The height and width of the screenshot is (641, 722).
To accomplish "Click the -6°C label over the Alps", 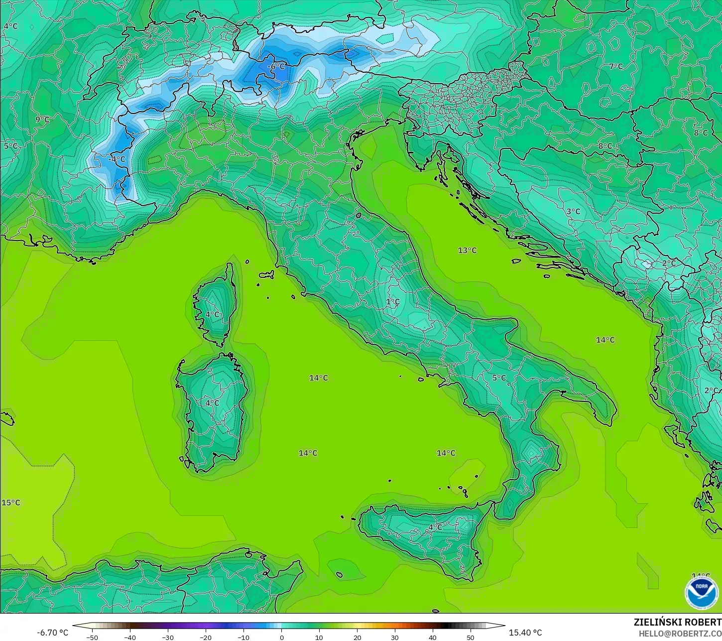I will [276, 66].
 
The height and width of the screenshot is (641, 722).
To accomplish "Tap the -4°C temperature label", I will [118, 159].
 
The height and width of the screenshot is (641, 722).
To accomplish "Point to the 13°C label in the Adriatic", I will [467, 250].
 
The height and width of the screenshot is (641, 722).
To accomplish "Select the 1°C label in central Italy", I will [393, 302].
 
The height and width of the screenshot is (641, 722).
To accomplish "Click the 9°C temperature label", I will [42, 120].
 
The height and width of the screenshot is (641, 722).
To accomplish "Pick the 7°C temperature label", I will [616, 66].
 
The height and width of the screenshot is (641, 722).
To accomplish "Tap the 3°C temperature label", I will [573, 211].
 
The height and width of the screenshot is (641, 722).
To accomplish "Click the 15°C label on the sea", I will [11, 503].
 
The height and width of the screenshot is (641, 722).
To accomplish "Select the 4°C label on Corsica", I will [213, 314].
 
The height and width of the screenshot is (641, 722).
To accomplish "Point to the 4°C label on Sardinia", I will [212, 402].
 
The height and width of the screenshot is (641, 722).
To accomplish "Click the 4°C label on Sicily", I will [435, 527].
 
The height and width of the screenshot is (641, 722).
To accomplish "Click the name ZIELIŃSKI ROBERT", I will [677, 622].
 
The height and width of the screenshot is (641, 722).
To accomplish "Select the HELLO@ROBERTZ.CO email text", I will [680, 633].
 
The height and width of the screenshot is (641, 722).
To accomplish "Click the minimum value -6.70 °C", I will [52, 633].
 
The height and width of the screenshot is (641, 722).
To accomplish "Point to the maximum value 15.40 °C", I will [525, 633].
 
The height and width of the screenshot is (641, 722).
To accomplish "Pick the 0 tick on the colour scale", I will [281, 637].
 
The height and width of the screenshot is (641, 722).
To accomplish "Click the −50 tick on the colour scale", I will [92, 637].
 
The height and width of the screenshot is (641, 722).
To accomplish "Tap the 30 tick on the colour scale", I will [395, 637].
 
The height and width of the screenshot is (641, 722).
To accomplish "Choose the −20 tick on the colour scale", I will [205, 637].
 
